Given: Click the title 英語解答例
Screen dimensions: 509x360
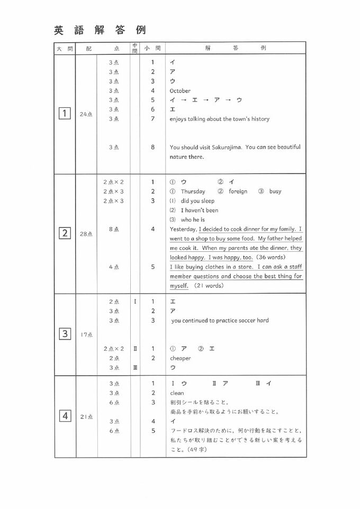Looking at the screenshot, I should (x=100, y=30).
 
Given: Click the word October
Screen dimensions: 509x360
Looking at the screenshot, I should (x=180, y=91).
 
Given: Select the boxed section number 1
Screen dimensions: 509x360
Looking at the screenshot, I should (x=65, y=113).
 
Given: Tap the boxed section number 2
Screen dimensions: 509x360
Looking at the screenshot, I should (x=65, y=233).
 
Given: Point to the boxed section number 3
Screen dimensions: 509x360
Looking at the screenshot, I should (x=65, y=334).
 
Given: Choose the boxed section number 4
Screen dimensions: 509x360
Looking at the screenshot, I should (x=65, y=416).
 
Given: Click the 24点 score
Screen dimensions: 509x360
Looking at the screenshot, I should (x=86, y=114).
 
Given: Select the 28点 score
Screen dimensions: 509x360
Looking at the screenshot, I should (x=86, y=234).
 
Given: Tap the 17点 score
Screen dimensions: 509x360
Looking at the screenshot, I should (x=86, y=334).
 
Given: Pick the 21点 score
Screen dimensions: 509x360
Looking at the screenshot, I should (x=86, y=417).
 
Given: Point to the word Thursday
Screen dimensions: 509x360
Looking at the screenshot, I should (x=193, y=192).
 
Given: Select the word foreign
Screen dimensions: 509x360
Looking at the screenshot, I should (x=238, y=192).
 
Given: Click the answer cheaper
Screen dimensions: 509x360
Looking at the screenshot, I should (x=180, y=358).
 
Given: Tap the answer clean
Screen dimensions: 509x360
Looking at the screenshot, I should (x=177, y=393).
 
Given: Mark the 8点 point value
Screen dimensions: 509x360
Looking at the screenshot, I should (x=114, y=229).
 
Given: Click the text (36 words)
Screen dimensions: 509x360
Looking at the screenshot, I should (x=271, y=257).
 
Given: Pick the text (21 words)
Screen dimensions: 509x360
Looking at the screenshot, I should (x=209, y=286).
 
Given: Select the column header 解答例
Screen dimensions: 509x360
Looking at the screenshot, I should (x=235, y=48).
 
